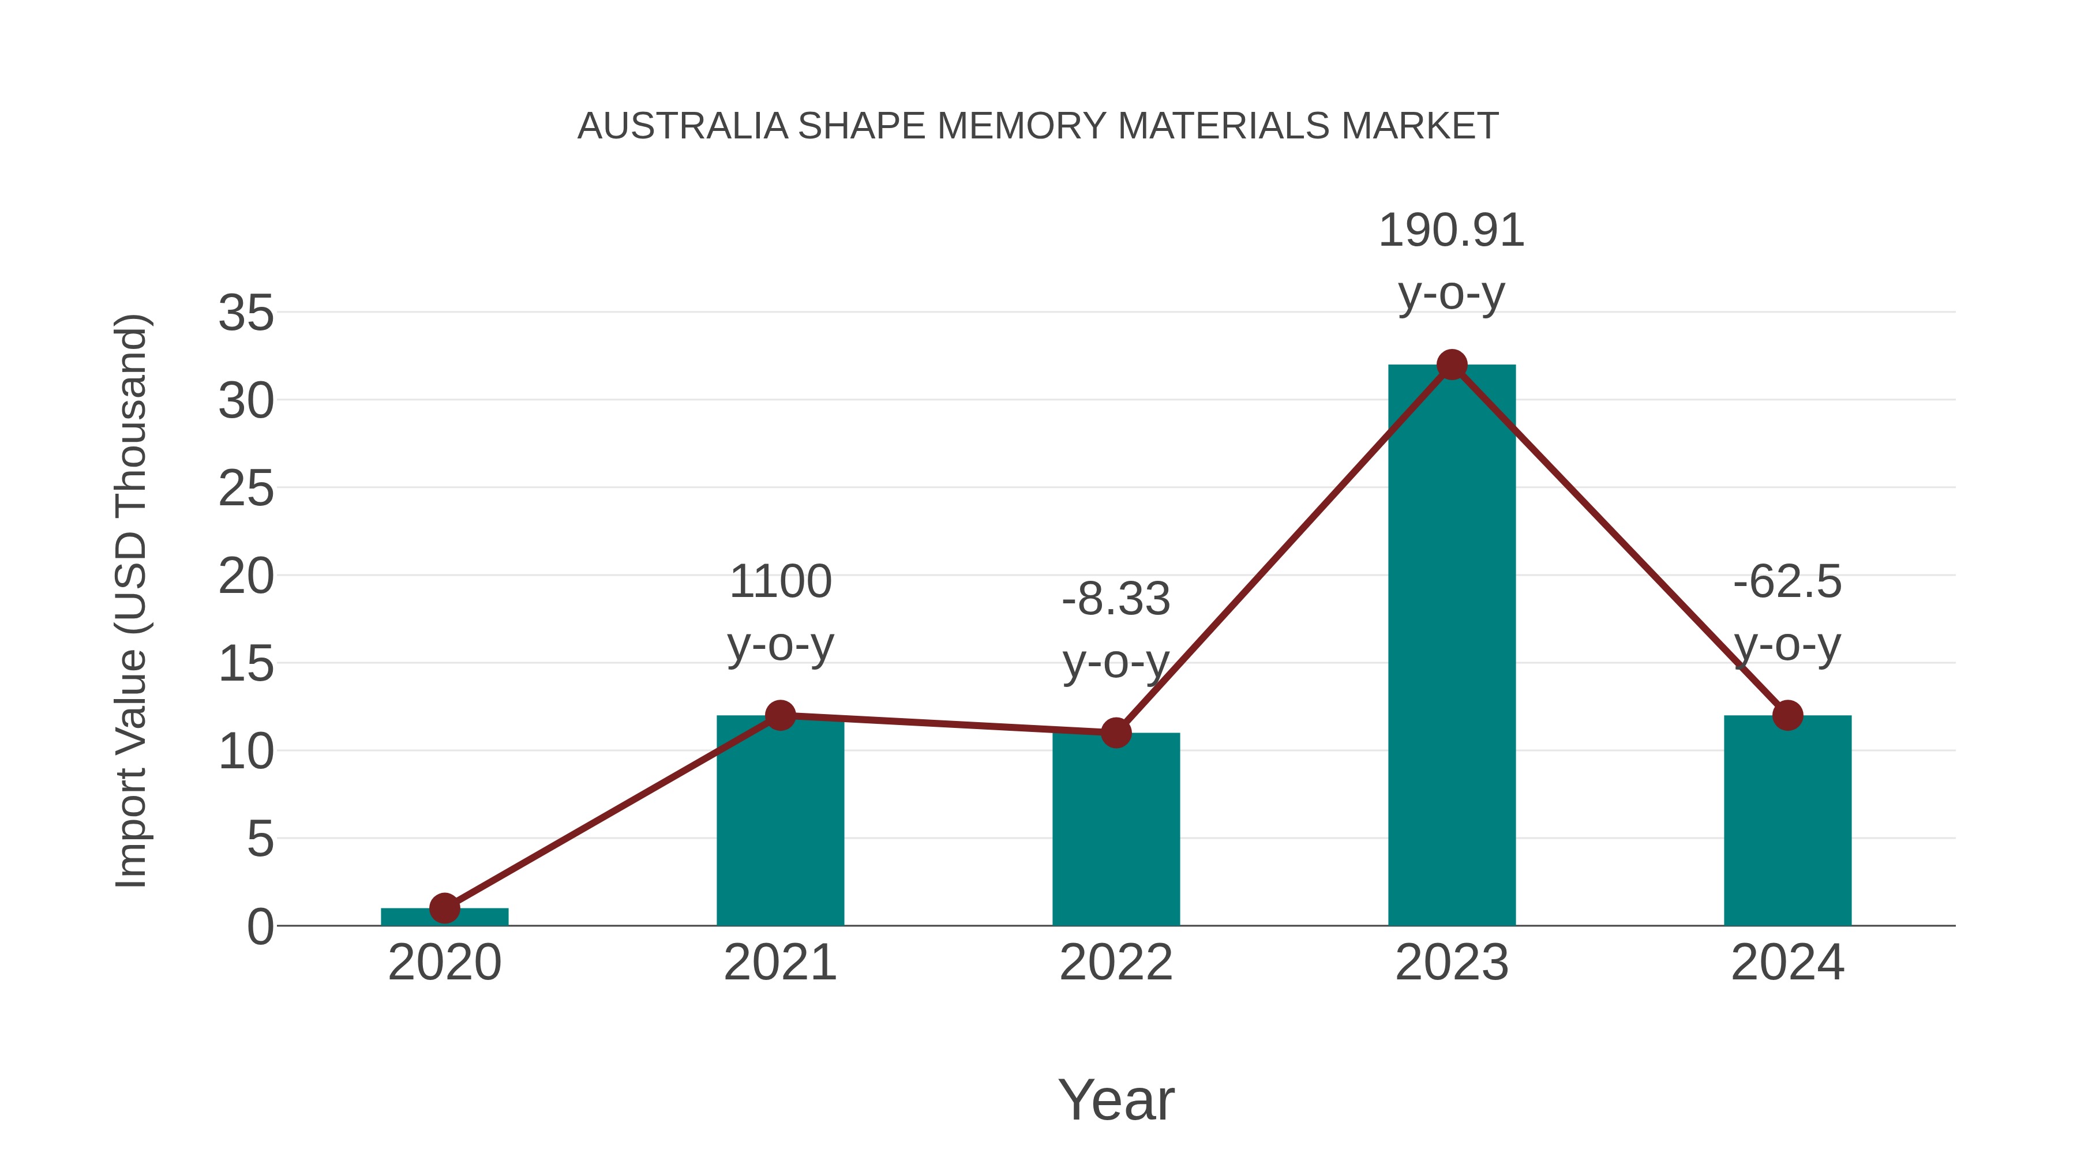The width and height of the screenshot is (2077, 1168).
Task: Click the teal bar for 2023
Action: coord(1452,645)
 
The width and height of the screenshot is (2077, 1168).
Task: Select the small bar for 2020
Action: coord(444,917)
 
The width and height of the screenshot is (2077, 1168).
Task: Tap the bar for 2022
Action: coord(1116,830)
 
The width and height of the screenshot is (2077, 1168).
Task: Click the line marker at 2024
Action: coord(1787,715)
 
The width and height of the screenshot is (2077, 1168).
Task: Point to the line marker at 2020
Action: coord(444,908)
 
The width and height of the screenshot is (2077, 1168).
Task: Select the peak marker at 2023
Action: coord(1452,365)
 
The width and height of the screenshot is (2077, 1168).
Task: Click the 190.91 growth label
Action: coord(1452,231)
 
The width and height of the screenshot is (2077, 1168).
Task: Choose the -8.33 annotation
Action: coord(1116,600)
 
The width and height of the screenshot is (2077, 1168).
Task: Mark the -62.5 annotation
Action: coord(1787,582)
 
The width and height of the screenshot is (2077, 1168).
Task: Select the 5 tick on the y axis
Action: coord(260,839)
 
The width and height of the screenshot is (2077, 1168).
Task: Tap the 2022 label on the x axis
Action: coord(1116,963)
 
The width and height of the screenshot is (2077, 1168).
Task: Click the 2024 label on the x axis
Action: coord(1787,963)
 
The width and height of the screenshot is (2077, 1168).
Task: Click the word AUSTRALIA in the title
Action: coord(682,126)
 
